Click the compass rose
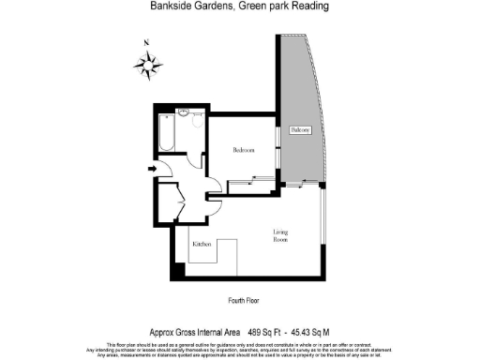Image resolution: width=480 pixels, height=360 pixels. [x=146, y=65]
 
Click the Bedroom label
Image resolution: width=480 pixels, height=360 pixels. [x=245, y=149]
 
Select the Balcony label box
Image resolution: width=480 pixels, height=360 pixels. [x=300, y=129]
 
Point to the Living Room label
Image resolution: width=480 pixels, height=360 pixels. [x=281, y=234]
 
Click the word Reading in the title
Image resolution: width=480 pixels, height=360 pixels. [x=309, y=6]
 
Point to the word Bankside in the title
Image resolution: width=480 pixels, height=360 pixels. [x=169, y=6]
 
